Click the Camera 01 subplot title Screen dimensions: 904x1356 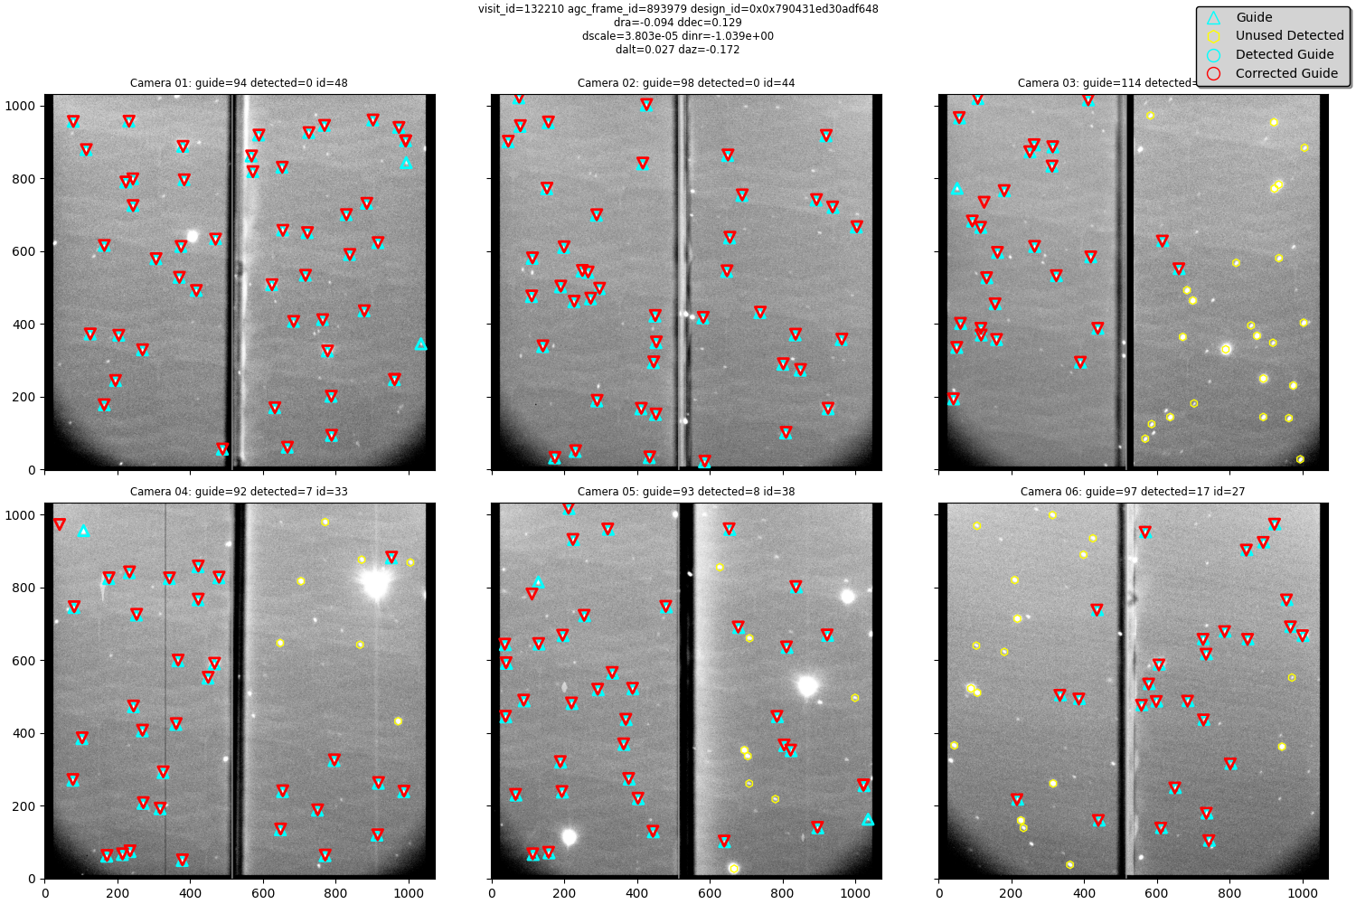239,83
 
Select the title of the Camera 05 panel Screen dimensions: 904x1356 685,492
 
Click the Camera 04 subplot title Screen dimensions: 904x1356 239,492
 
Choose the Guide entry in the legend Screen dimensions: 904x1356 1254,17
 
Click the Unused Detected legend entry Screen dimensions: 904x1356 1289,36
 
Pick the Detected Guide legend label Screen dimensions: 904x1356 1284,54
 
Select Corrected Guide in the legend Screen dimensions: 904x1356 1286,73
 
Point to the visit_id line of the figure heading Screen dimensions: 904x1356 678,9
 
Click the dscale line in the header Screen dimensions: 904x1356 678,36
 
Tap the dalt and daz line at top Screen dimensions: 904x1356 678,50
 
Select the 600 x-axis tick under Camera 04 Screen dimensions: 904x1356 263,893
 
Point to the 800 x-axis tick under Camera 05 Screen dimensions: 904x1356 783,893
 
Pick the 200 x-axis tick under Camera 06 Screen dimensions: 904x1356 1012,893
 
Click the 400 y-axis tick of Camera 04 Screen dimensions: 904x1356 25,733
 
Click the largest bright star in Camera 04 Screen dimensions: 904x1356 375,585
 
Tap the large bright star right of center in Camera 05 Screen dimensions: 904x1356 808,687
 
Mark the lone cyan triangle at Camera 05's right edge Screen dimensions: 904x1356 868,819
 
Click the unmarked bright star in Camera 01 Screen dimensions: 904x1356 192,236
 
